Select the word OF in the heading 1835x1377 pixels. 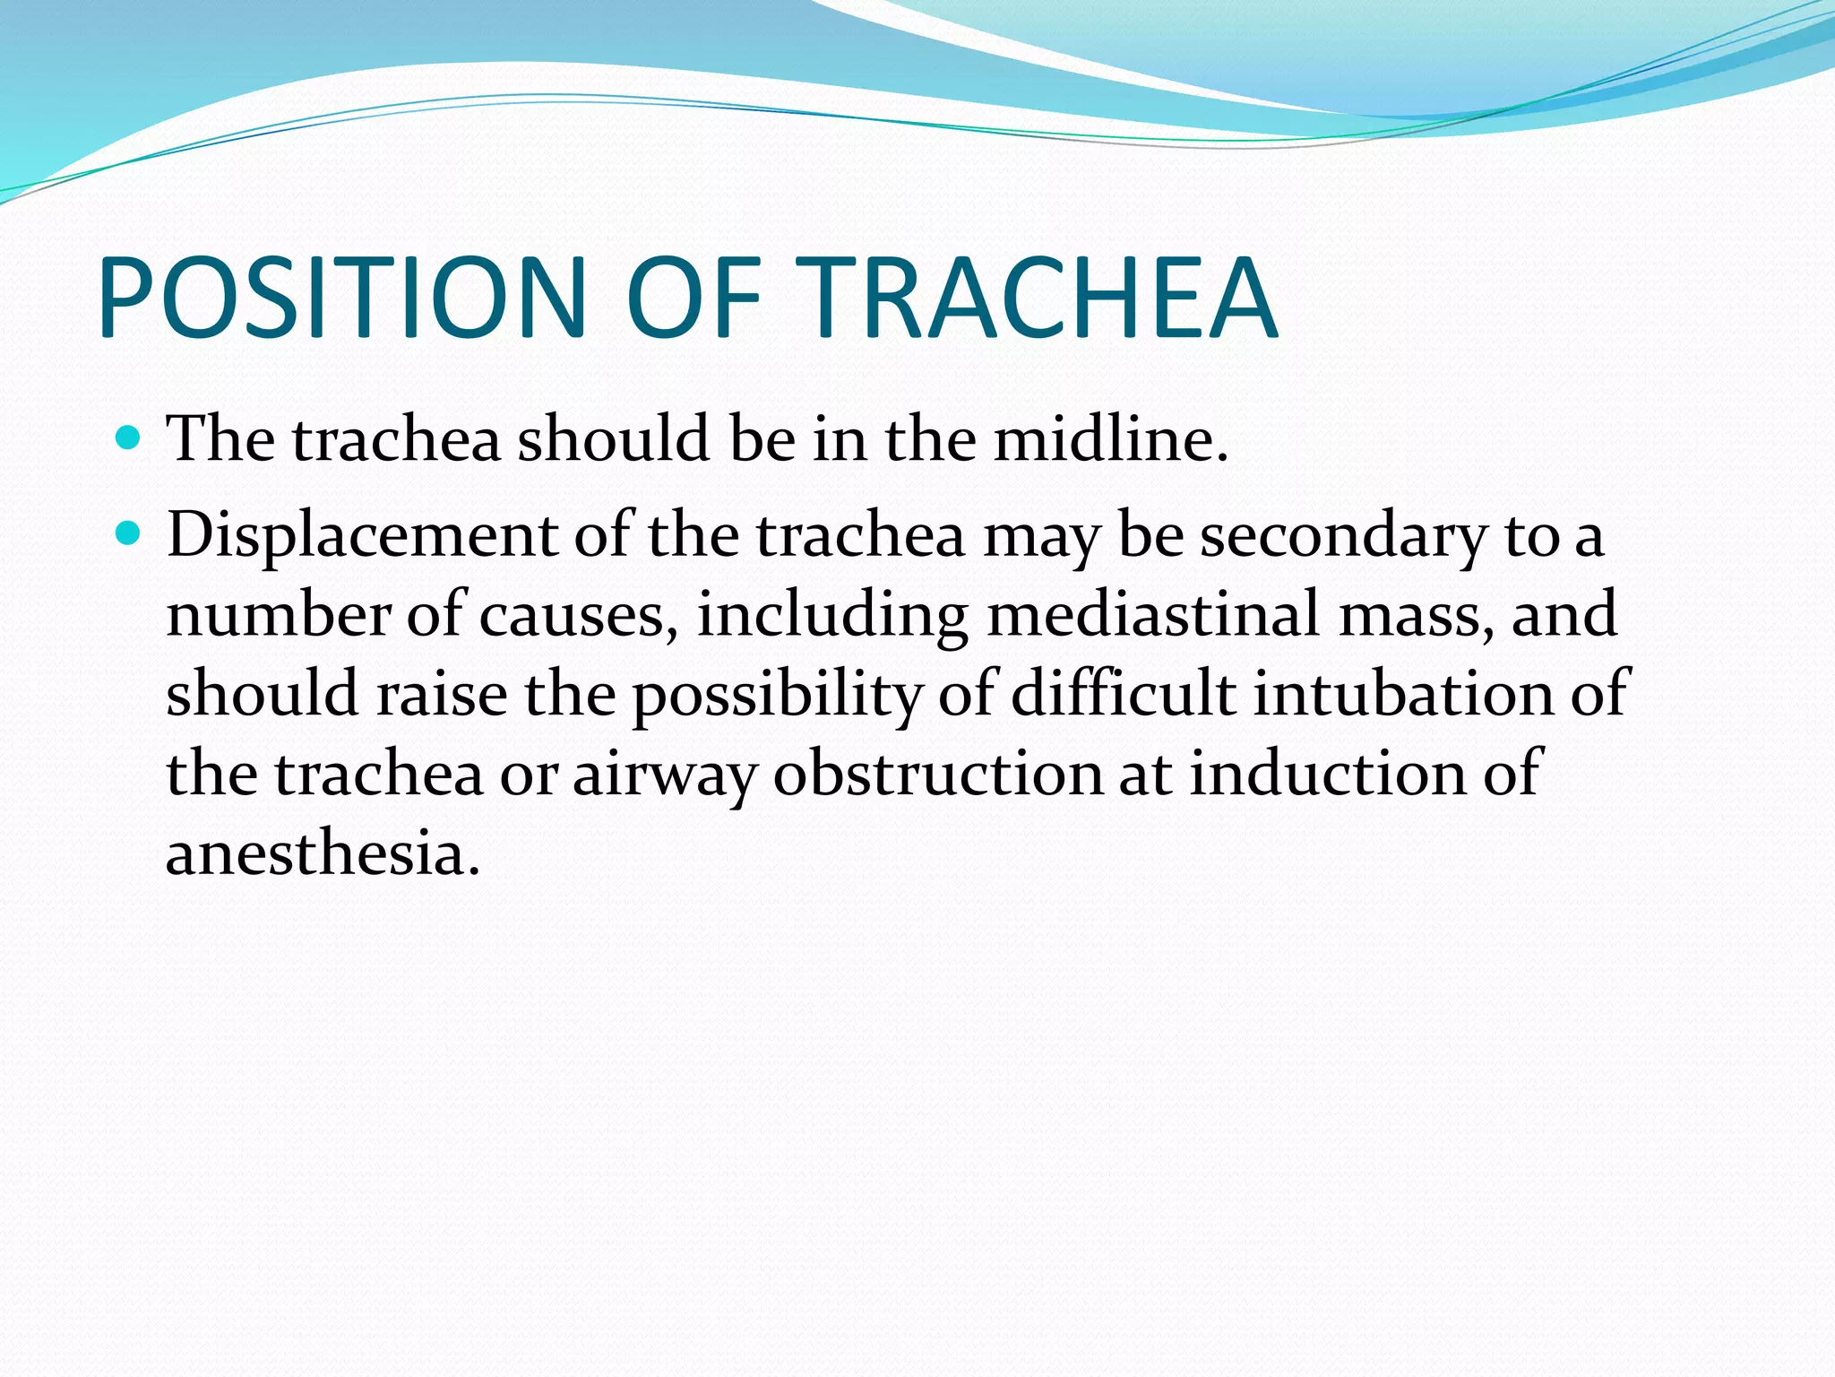pos(694,298)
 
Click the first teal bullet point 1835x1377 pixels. pos(129,438)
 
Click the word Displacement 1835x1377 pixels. pos(362,536)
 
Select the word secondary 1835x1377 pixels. pos(1343,536)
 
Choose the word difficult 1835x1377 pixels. pos(1123,693)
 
